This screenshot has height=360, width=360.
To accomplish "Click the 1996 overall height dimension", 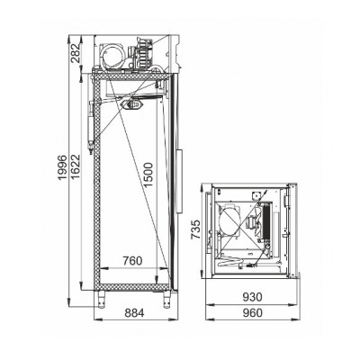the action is point(61,167).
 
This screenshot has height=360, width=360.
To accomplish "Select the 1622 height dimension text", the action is point(76,166).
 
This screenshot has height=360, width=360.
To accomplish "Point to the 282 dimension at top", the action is point(76,53).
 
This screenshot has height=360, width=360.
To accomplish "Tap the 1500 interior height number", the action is point(148,175).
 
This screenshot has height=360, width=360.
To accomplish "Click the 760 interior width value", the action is point(132,261).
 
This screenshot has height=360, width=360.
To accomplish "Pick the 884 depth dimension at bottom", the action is point(134,313).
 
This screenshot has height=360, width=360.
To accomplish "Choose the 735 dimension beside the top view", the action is point(196,229).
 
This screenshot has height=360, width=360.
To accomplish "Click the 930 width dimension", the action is point(252,297).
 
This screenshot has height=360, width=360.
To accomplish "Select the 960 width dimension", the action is point(252,313).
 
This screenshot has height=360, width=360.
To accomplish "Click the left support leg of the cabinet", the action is point(102,300).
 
